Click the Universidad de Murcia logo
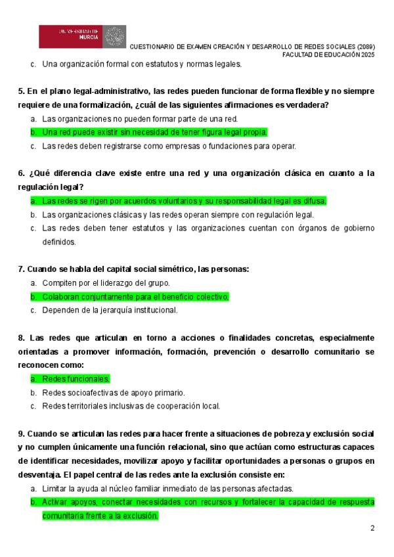82,37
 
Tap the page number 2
372,528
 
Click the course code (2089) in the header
366,47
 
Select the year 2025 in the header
366,55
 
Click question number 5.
21,91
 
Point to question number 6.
21,173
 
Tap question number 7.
21,269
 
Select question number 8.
21,338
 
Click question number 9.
21,434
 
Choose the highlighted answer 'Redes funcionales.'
76,379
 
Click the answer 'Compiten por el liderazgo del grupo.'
106,283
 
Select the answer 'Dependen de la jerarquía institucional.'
110,310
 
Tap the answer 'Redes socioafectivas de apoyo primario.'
113,392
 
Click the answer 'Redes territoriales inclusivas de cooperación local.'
131,406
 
